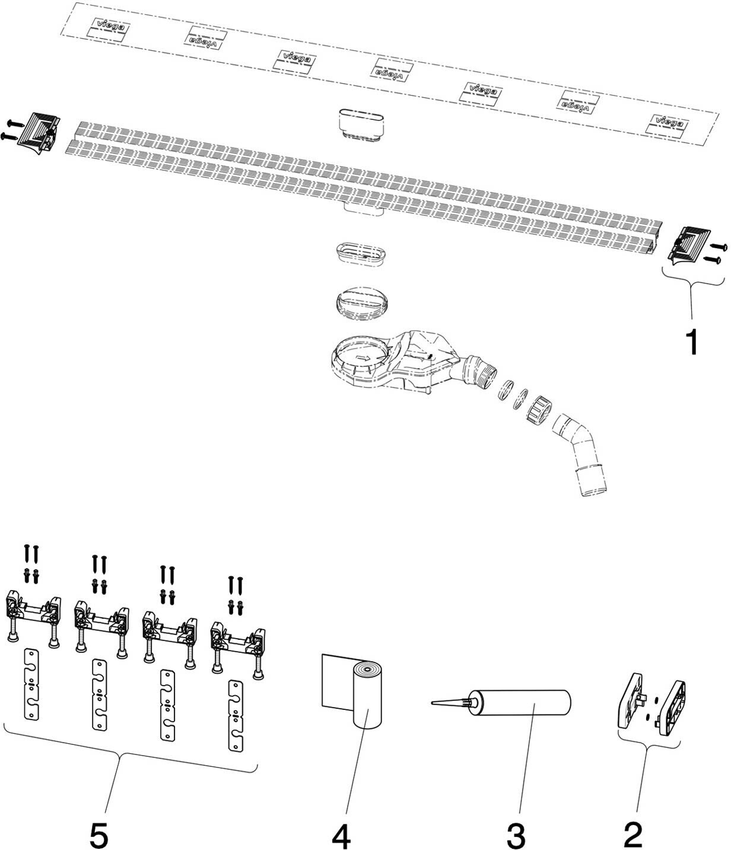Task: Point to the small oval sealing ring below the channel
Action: click(x=359, y=252)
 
